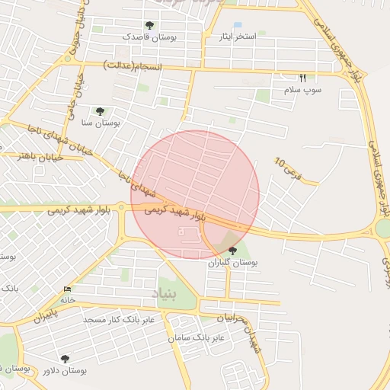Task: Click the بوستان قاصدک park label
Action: [149, 37]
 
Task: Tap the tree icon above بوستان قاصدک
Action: [149, 26]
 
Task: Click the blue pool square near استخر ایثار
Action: [238, 26]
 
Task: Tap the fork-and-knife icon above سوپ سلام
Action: [302, 78]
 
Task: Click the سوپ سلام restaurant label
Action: [302, 89]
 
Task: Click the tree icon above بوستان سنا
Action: [100, 111]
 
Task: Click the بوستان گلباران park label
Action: [233, 262]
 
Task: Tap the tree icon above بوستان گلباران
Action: [232, 251]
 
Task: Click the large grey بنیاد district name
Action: [171, 293]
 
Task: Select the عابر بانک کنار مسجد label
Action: [120, 319]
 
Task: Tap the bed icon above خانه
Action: [69, 289]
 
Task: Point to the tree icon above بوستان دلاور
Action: [64, 358]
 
